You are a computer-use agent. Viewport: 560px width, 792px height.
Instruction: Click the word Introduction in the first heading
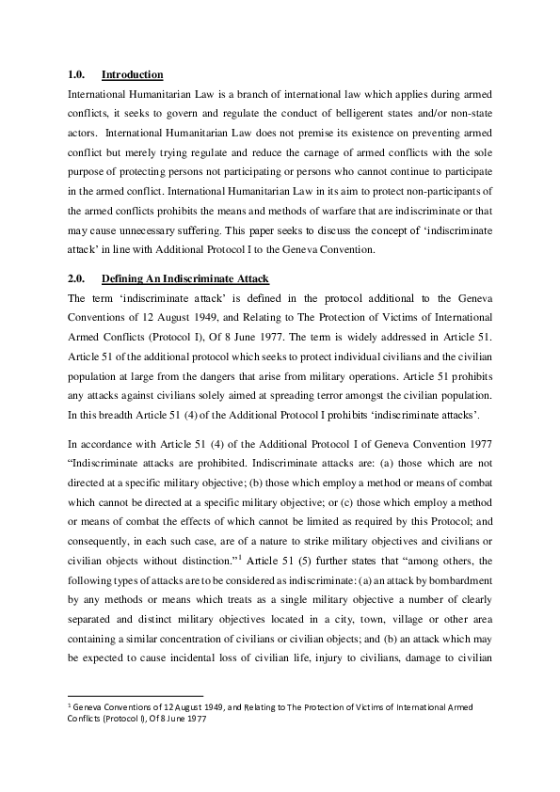pyautogui.click(x=132, y=74)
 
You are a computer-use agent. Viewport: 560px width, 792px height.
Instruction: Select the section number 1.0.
pyautogui.click(x=79, y=74)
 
